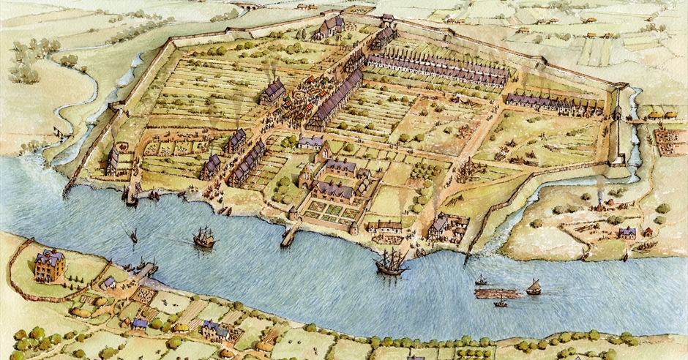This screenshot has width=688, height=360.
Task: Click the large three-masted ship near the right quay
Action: (391, 263)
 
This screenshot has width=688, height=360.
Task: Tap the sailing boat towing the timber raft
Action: (534, 287)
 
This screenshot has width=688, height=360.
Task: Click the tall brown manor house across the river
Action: (49, 265)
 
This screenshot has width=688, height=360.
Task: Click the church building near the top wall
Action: (330, 28)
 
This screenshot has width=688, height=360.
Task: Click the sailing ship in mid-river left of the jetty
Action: (203, 236)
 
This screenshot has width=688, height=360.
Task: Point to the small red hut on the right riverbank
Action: (647, 232)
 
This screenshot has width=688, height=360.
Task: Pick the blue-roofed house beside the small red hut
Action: (627, 233)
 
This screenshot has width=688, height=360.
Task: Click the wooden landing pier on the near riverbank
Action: (146, 269)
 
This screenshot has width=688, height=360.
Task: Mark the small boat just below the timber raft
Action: (501, 303)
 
